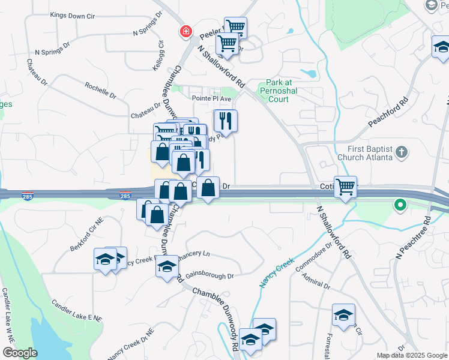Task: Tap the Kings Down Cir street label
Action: point(73,15)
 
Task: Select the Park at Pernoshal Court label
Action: point(279,91)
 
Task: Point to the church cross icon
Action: point(403,152)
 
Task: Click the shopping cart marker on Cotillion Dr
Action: point(345,187)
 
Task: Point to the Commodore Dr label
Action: point(313,257)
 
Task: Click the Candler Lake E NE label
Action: point(77,312)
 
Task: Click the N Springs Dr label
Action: point(53,52)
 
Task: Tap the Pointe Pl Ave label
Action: point(211,98)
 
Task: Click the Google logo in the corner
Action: point(20,353)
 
